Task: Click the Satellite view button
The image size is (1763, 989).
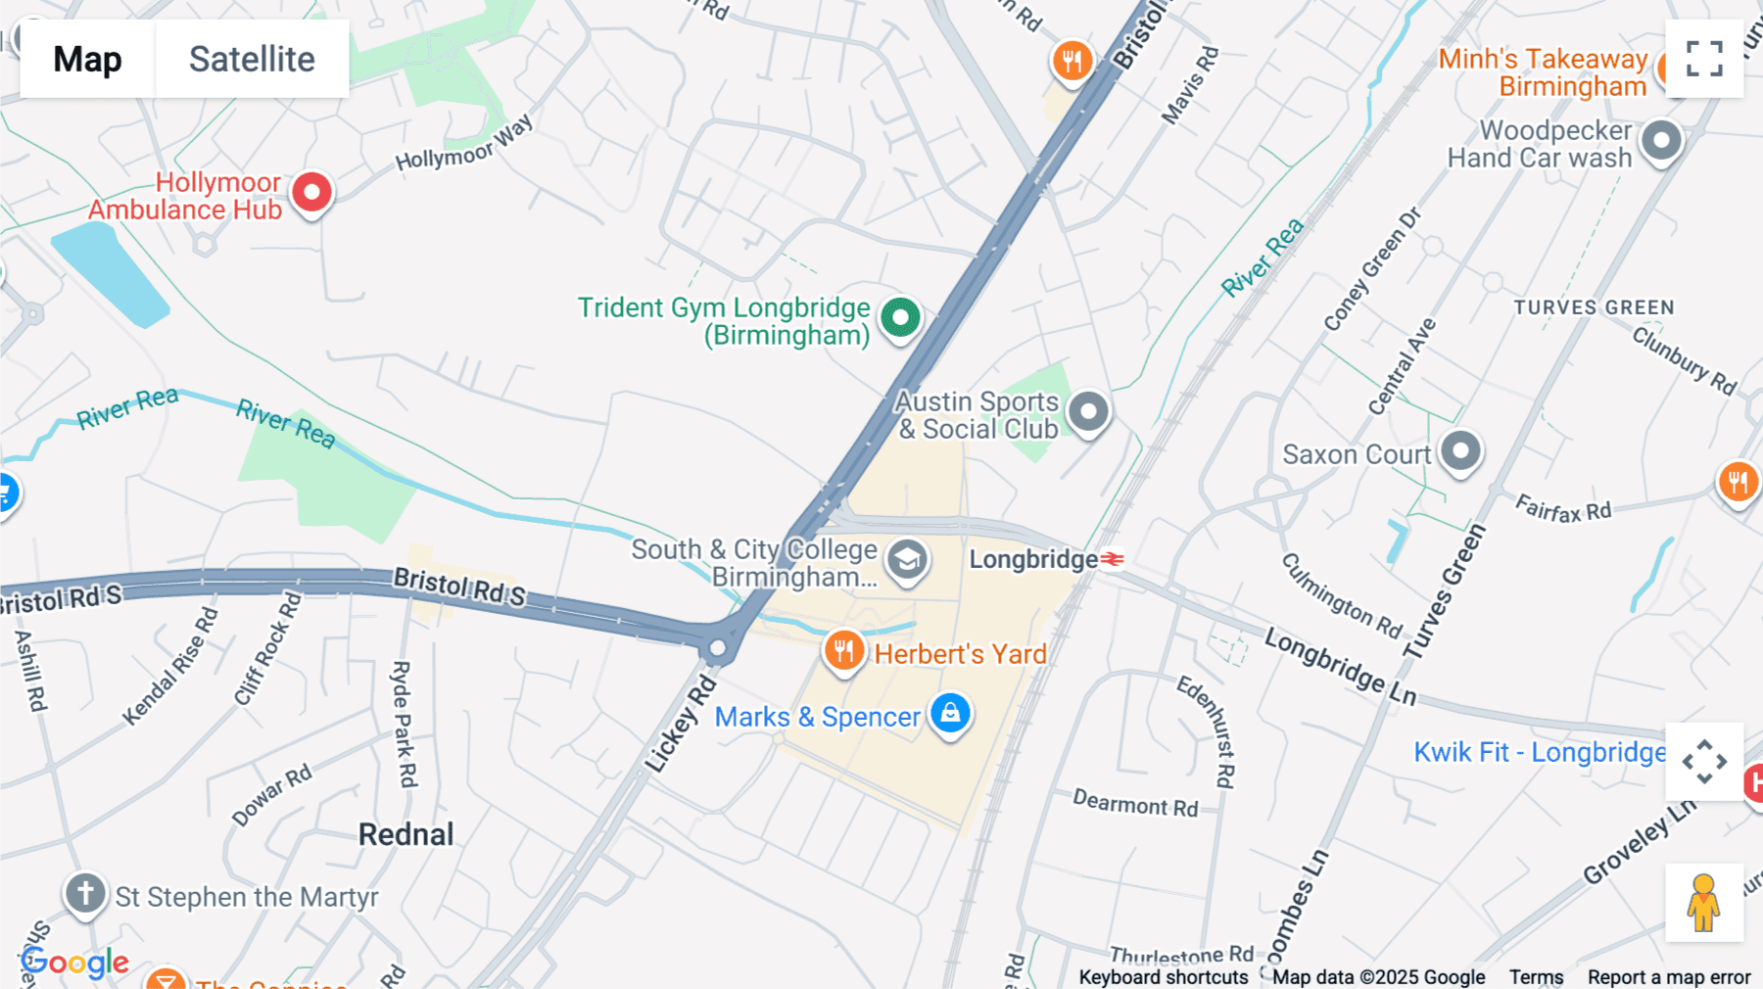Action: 252,59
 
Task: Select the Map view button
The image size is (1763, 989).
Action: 87,59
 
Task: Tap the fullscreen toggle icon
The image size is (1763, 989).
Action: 1704,59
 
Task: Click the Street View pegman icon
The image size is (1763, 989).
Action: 1703,902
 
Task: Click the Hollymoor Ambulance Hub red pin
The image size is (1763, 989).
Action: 311,192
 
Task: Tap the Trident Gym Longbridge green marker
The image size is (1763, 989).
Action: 899,317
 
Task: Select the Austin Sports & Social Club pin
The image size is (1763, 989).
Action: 1088,412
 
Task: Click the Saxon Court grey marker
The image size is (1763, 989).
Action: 1460,452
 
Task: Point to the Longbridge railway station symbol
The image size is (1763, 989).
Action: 1112,559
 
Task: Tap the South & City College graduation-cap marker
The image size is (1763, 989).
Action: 907,560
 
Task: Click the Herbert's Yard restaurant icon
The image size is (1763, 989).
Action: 843,650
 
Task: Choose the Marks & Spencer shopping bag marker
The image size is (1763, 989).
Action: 950,714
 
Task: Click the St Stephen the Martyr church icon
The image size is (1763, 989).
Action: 85,894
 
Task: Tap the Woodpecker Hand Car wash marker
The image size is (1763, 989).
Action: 1661,141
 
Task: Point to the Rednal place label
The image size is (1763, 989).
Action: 405,834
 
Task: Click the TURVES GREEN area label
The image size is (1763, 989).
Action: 1594,307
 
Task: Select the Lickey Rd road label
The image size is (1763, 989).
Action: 682,723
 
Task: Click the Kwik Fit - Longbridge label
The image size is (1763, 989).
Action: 1539,752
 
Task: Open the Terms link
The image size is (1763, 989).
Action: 1536,977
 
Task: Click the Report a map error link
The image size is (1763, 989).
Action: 1668,977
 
